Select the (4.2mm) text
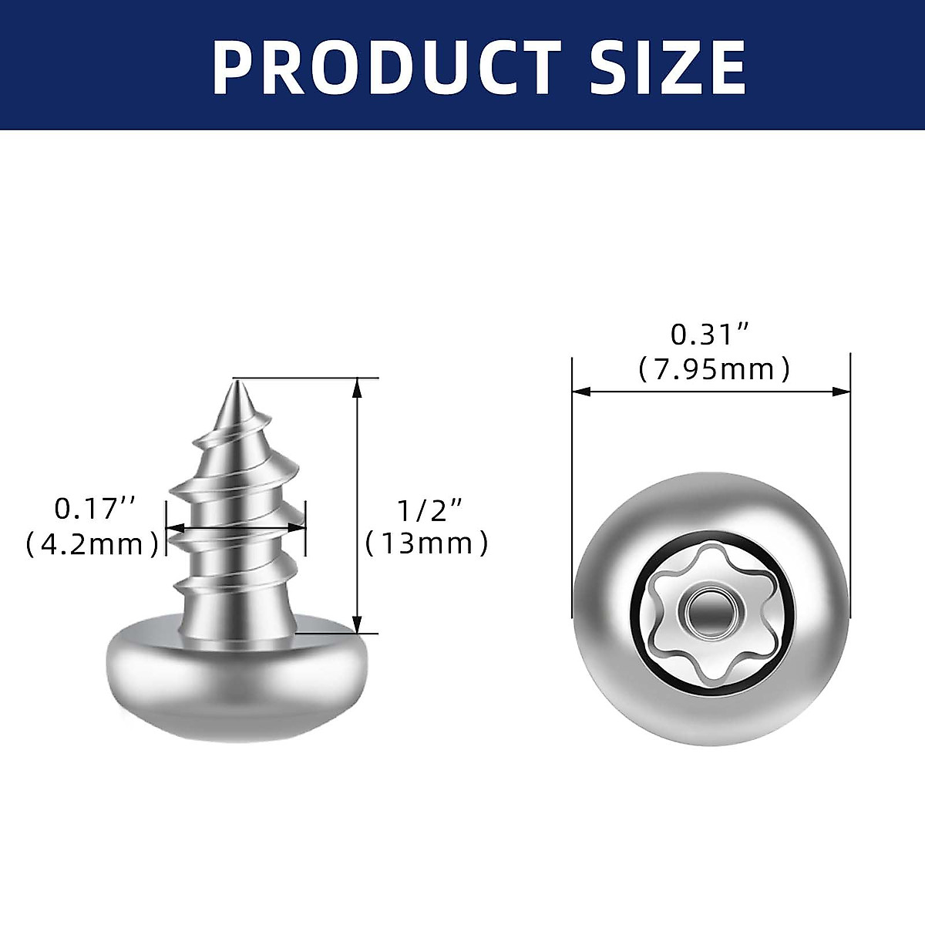click(x=92, y=544)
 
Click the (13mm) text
click(x=426, y=544)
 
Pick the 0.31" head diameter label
click(x=710, y=335)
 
